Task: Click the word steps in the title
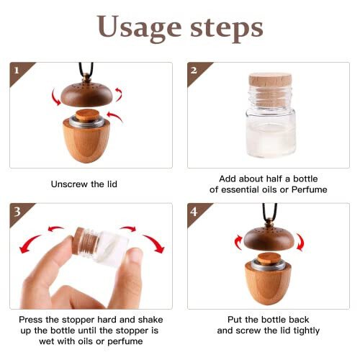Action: (224, 29)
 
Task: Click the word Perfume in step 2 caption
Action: (310, 189)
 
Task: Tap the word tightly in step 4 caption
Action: (320, 331)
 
